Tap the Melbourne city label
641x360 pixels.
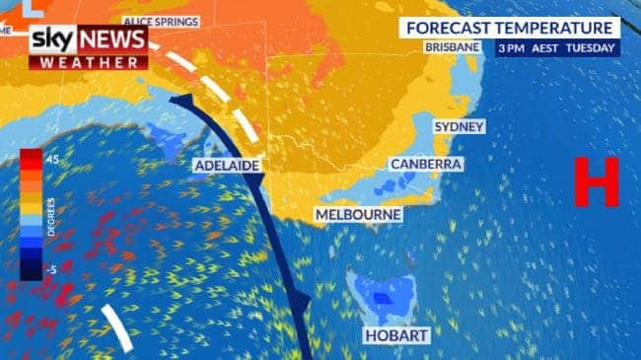(358, 213)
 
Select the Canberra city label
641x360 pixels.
(426, 164)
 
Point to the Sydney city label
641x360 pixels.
(460, 127)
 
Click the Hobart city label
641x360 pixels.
(397, 336)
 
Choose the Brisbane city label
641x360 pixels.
(453, 46)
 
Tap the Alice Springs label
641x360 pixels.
(160, 21)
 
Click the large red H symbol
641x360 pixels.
(597, 182)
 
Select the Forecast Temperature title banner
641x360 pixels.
(510, 28)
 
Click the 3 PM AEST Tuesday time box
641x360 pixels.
(557, 47)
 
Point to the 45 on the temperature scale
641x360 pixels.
(51, 159)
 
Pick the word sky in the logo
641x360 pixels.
(54, 40)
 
